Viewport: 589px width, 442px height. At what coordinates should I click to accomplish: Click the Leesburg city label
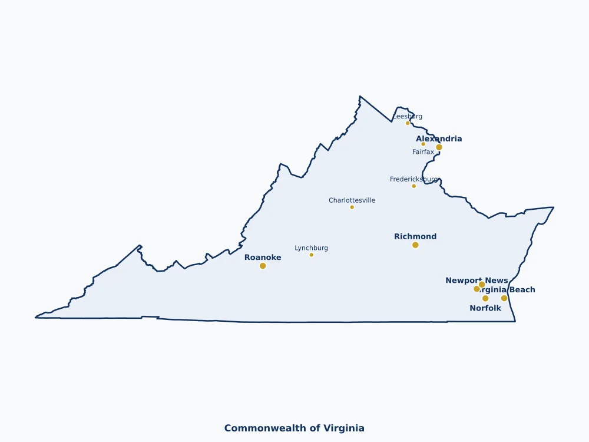click(408, 116)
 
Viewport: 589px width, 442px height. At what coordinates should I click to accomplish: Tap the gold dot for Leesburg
click(408, 123)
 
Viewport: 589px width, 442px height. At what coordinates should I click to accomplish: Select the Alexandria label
click(439, 139)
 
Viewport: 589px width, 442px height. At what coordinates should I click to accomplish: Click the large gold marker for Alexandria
click(439, 147)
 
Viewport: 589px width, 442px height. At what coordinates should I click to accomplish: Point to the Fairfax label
click(423, 152)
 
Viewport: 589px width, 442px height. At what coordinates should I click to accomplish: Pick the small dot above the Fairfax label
click(423, 144)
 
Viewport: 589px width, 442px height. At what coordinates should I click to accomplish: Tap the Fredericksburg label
click(413, 179)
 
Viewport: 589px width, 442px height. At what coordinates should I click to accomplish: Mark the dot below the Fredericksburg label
click(413, 186)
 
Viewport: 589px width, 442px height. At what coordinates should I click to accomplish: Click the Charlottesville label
click(352, 200)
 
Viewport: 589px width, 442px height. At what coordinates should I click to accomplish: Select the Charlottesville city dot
click(352, 207)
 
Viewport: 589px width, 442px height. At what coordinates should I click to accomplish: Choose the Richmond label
click(415, 237)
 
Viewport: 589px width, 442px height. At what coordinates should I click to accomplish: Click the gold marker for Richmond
click(415, 245)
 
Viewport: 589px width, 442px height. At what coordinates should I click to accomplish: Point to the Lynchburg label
click(311, 248)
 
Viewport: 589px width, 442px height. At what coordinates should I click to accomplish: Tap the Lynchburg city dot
click(312, 255)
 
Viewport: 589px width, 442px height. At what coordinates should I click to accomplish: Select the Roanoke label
click(263, 258)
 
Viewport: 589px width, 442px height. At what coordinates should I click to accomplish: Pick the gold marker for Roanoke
click(263, 266)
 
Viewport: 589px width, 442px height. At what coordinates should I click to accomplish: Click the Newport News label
click(477, 281)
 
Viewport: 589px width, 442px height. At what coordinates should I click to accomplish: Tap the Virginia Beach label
click(508, 290)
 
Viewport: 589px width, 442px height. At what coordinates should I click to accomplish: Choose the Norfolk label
click(485, 308)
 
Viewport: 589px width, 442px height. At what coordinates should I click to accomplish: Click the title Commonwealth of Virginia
click(294, 428)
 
